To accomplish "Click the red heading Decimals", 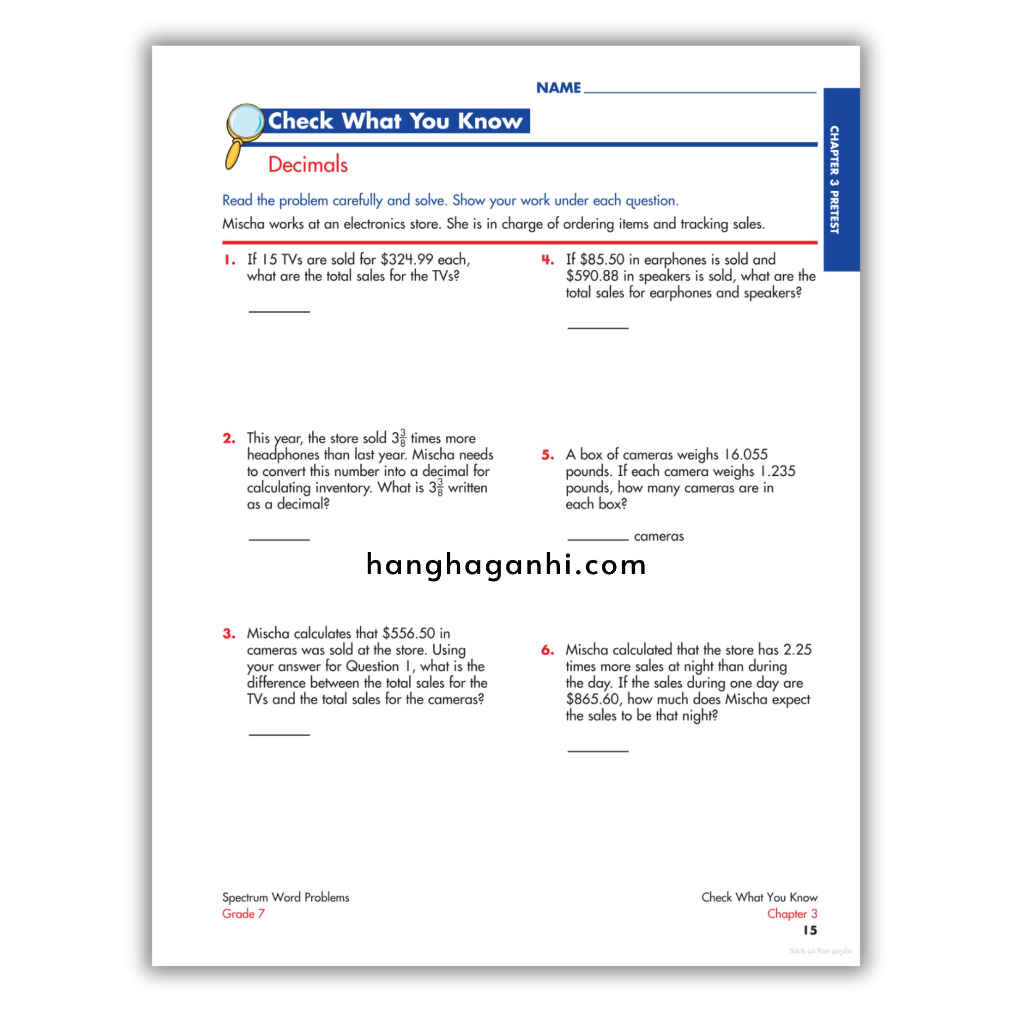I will coord(307,165).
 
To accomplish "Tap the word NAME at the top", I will coord(558,88).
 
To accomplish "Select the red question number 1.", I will coord(229,260).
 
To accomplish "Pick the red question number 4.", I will coord(548,260).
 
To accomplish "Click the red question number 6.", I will coord(548,650).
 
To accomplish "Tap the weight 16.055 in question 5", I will coord(745,455).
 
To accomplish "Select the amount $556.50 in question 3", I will coord(409,633).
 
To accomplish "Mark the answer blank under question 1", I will coord(279,311).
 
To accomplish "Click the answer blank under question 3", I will coord(279,734).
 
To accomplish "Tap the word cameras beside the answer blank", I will coord(658,536).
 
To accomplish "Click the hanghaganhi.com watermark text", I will coord(506,565).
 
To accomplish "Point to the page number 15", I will coord(810,930).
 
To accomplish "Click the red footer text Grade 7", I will coord(243,914).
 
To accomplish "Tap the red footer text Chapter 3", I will coord(792,914).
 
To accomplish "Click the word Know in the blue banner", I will coord(490,121).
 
